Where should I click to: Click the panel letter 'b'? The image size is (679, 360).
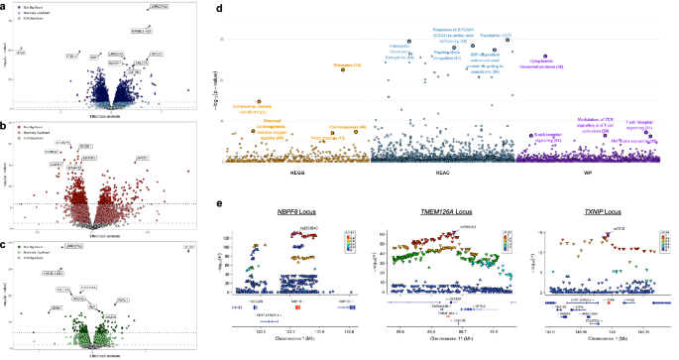5,124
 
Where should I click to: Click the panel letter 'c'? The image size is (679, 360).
5,242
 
